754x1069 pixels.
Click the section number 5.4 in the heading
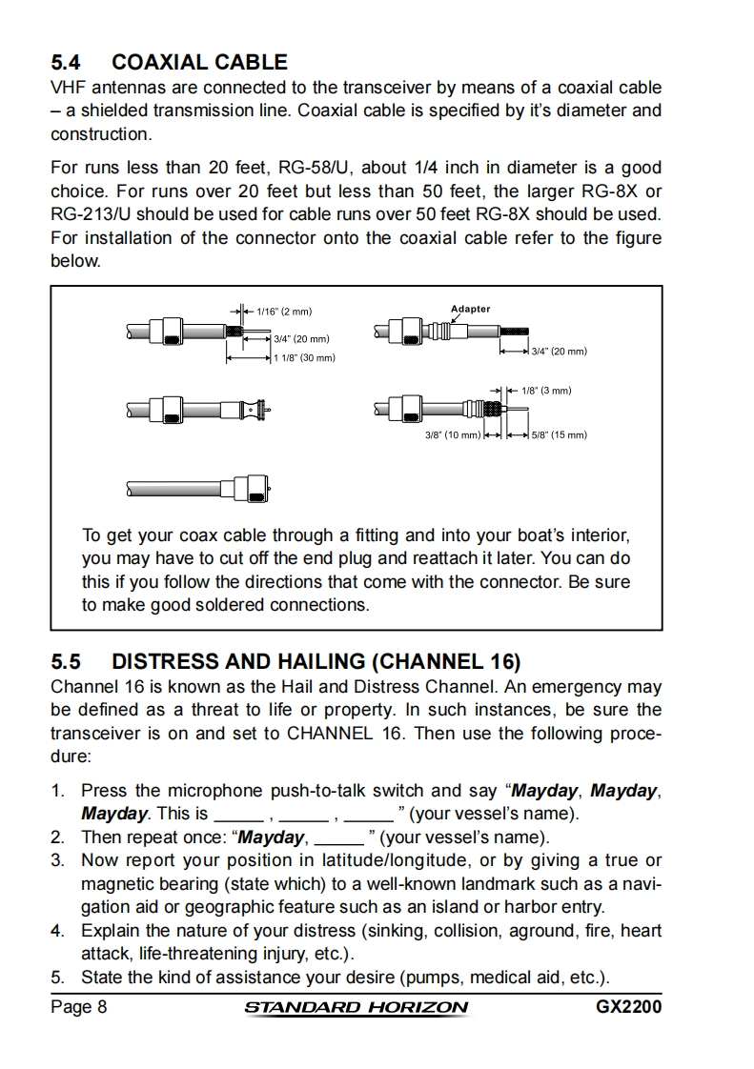click(x=67, y=63)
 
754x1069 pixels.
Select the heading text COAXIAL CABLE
click(x=199, y=63)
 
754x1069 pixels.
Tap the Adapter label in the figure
click(x=470, y=309)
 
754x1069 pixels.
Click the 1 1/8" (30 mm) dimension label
click(x=304, y=358)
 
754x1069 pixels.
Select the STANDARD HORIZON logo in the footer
click(x=357, y=1008)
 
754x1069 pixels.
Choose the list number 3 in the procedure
click(x=58, y=861)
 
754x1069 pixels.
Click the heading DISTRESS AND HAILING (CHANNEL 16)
click(x=316, y=661)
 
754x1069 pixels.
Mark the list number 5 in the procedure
click(x=58, y=978)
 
